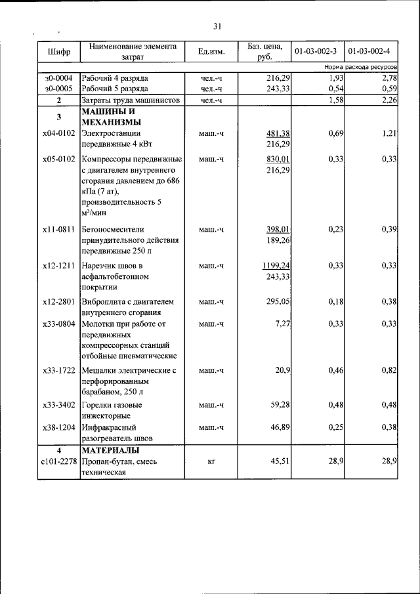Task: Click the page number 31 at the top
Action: click(x=217, y=26)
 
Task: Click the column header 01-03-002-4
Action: click(x=369, y=51)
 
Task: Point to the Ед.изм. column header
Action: click(x=212, y=52)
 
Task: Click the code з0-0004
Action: click(x=58, y=78)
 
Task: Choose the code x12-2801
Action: click(x=58, y=302)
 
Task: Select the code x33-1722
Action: click(x=58, y=371)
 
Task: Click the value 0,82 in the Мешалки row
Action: click(x=388, y=371)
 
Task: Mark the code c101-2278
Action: click(x=58, y=461)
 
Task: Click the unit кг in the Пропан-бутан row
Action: click(x=212, y=461)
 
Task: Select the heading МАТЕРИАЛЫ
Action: click(x=110, y=450)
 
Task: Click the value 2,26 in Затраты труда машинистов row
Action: click(x=388, y=100)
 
